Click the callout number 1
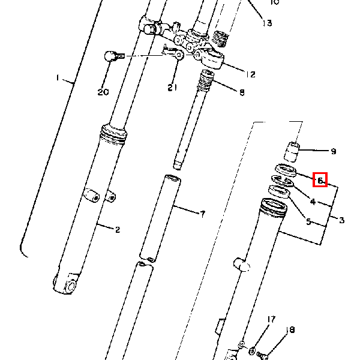pos(58,78)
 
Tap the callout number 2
pos(118,229)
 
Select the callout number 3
pos(342,220)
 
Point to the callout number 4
pos(312,201)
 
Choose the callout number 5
pos(308,221)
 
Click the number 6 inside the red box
pos(320,179)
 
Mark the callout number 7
pos(202,214)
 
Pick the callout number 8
pos(241,92)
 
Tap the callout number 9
pos(334,152)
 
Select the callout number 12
pos(251,74)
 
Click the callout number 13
pos(267,23)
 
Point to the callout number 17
pos(271,319)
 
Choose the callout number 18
pos(291,329)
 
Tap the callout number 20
pos(103,92)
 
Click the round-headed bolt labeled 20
pos(111,56)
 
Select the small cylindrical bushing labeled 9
pos(291,152)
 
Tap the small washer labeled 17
pos(253,350)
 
